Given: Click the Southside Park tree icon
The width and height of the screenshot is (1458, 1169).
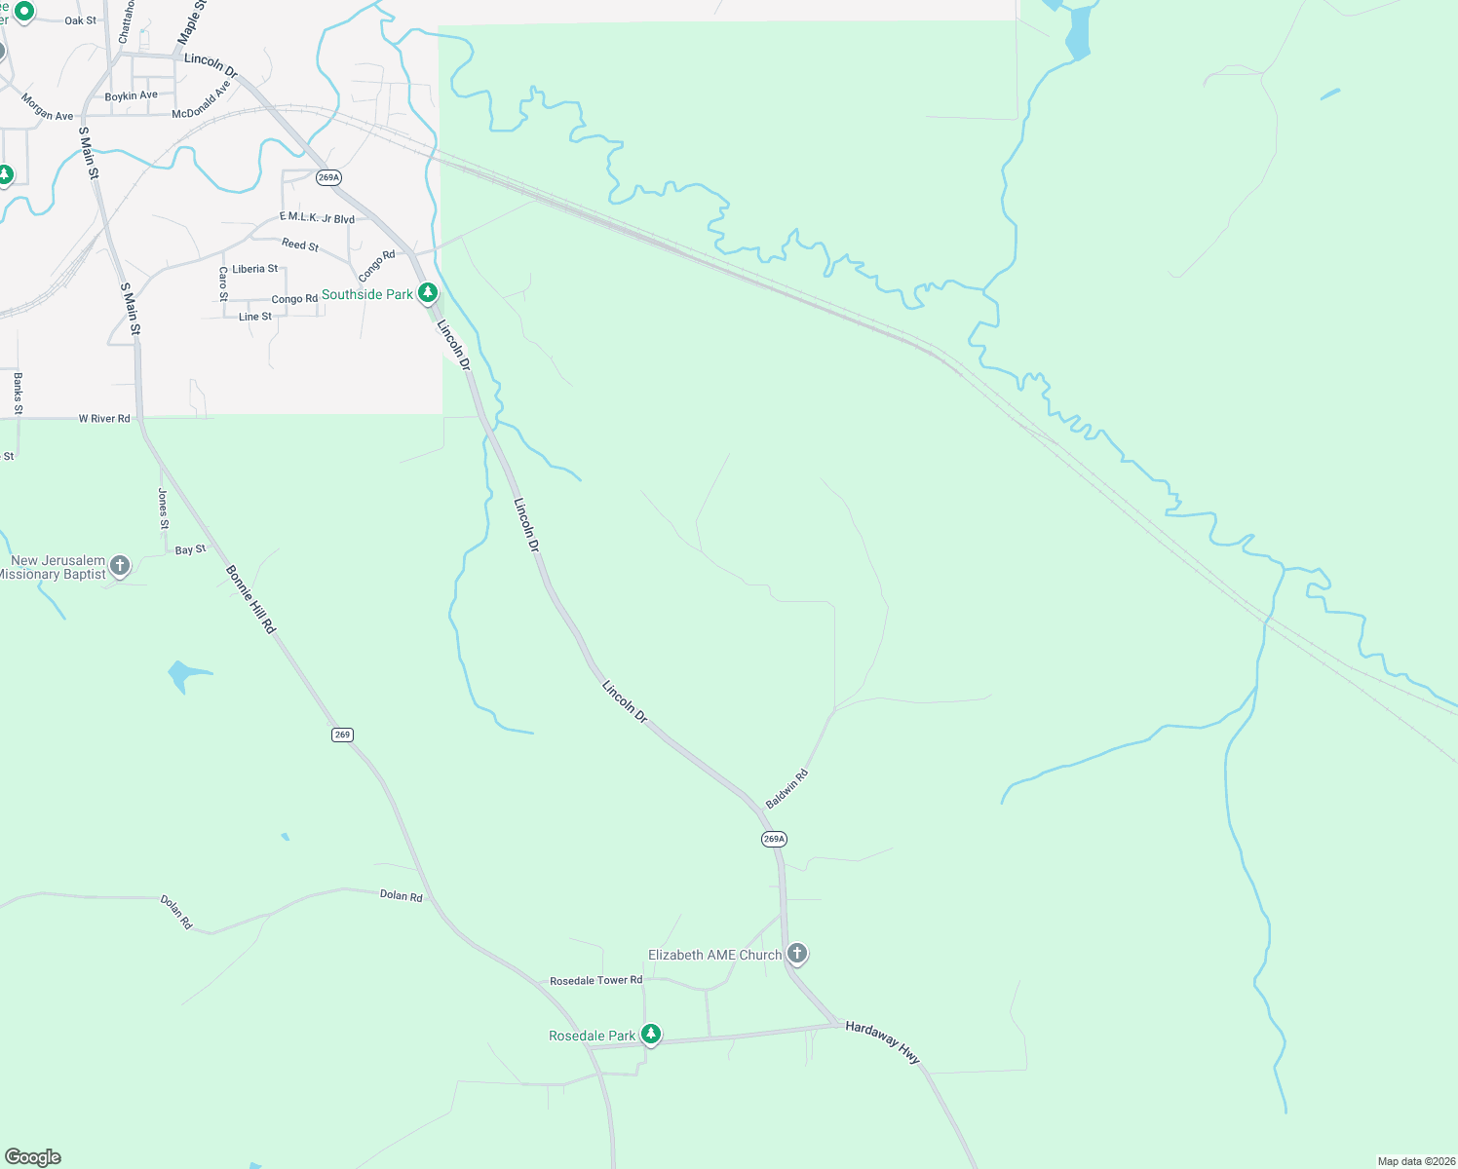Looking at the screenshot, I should [x=427, y=292].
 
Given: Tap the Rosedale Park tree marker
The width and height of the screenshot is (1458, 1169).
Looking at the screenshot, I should [x=650, y=1035].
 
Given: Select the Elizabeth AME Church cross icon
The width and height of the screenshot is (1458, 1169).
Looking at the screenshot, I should [x=797, y=954].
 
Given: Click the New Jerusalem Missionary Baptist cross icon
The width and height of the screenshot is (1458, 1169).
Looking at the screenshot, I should [x=119, y=565].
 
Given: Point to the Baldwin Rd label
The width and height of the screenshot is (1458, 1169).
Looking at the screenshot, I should [x=787, y=789].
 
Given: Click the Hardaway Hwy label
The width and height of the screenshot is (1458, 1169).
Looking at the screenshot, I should [x=882, y=1041].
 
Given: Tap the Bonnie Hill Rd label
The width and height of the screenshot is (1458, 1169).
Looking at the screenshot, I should [x=250, y=599].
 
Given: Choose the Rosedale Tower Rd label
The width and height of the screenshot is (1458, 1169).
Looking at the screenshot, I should [x=595, y=980].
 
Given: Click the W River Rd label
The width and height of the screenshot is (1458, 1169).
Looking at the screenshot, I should [x=104, y=419].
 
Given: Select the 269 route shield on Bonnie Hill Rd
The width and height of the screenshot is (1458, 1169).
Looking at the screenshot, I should [x=342, y=735].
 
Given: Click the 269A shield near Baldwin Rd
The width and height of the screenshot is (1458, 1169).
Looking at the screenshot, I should [x=774, y=839].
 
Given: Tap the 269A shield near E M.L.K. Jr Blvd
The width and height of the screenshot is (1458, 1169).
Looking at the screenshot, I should [x=328, y=177].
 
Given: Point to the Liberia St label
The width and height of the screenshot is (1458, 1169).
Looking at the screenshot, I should [x=254, y=269].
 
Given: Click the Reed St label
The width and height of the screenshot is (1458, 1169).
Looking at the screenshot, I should [x=299, y=245].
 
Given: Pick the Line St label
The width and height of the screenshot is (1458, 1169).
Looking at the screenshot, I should [x=255, y=317].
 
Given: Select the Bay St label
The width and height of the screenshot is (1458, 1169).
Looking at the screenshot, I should [x=190, y=550].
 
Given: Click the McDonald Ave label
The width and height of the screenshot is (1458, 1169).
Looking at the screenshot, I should [x=202, y=100].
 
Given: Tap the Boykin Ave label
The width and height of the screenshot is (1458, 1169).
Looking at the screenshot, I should [x=131, y=96].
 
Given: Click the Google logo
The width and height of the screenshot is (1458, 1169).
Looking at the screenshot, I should [x=33, y=1157].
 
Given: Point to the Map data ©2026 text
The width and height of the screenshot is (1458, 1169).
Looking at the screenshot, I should [x=1415, y=1161].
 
